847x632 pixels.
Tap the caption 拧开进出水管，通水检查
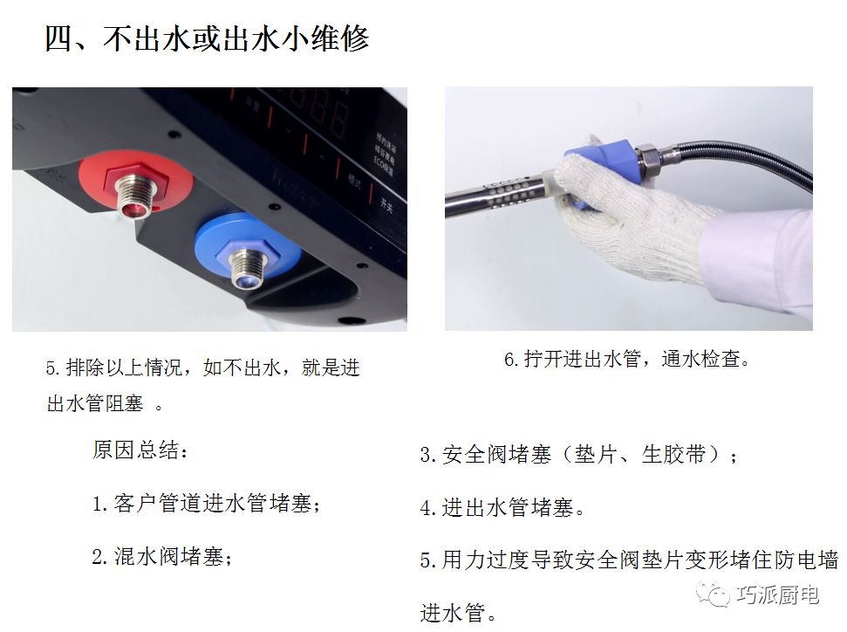pyautogui.click(x=626, y=359)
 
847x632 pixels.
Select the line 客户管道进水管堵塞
pyautogui.click(x=207, y=504)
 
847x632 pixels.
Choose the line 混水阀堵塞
pyautogui.click(x=162, y=556)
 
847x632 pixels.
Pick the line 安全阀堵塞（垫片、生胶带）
pyautogui.click(x=578, y=454)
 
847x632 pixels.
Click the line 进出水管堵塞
pyautogui.click(x=502, y=508)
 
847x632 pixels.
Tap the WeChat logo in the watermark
pyautogui.click(x=712, y=594)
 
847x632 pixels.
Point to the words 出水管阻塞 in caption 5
pyautogui.click(x=95, y=403)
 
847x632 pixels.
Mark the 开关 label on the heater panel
pyautogui.click(x=386, y=204)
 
